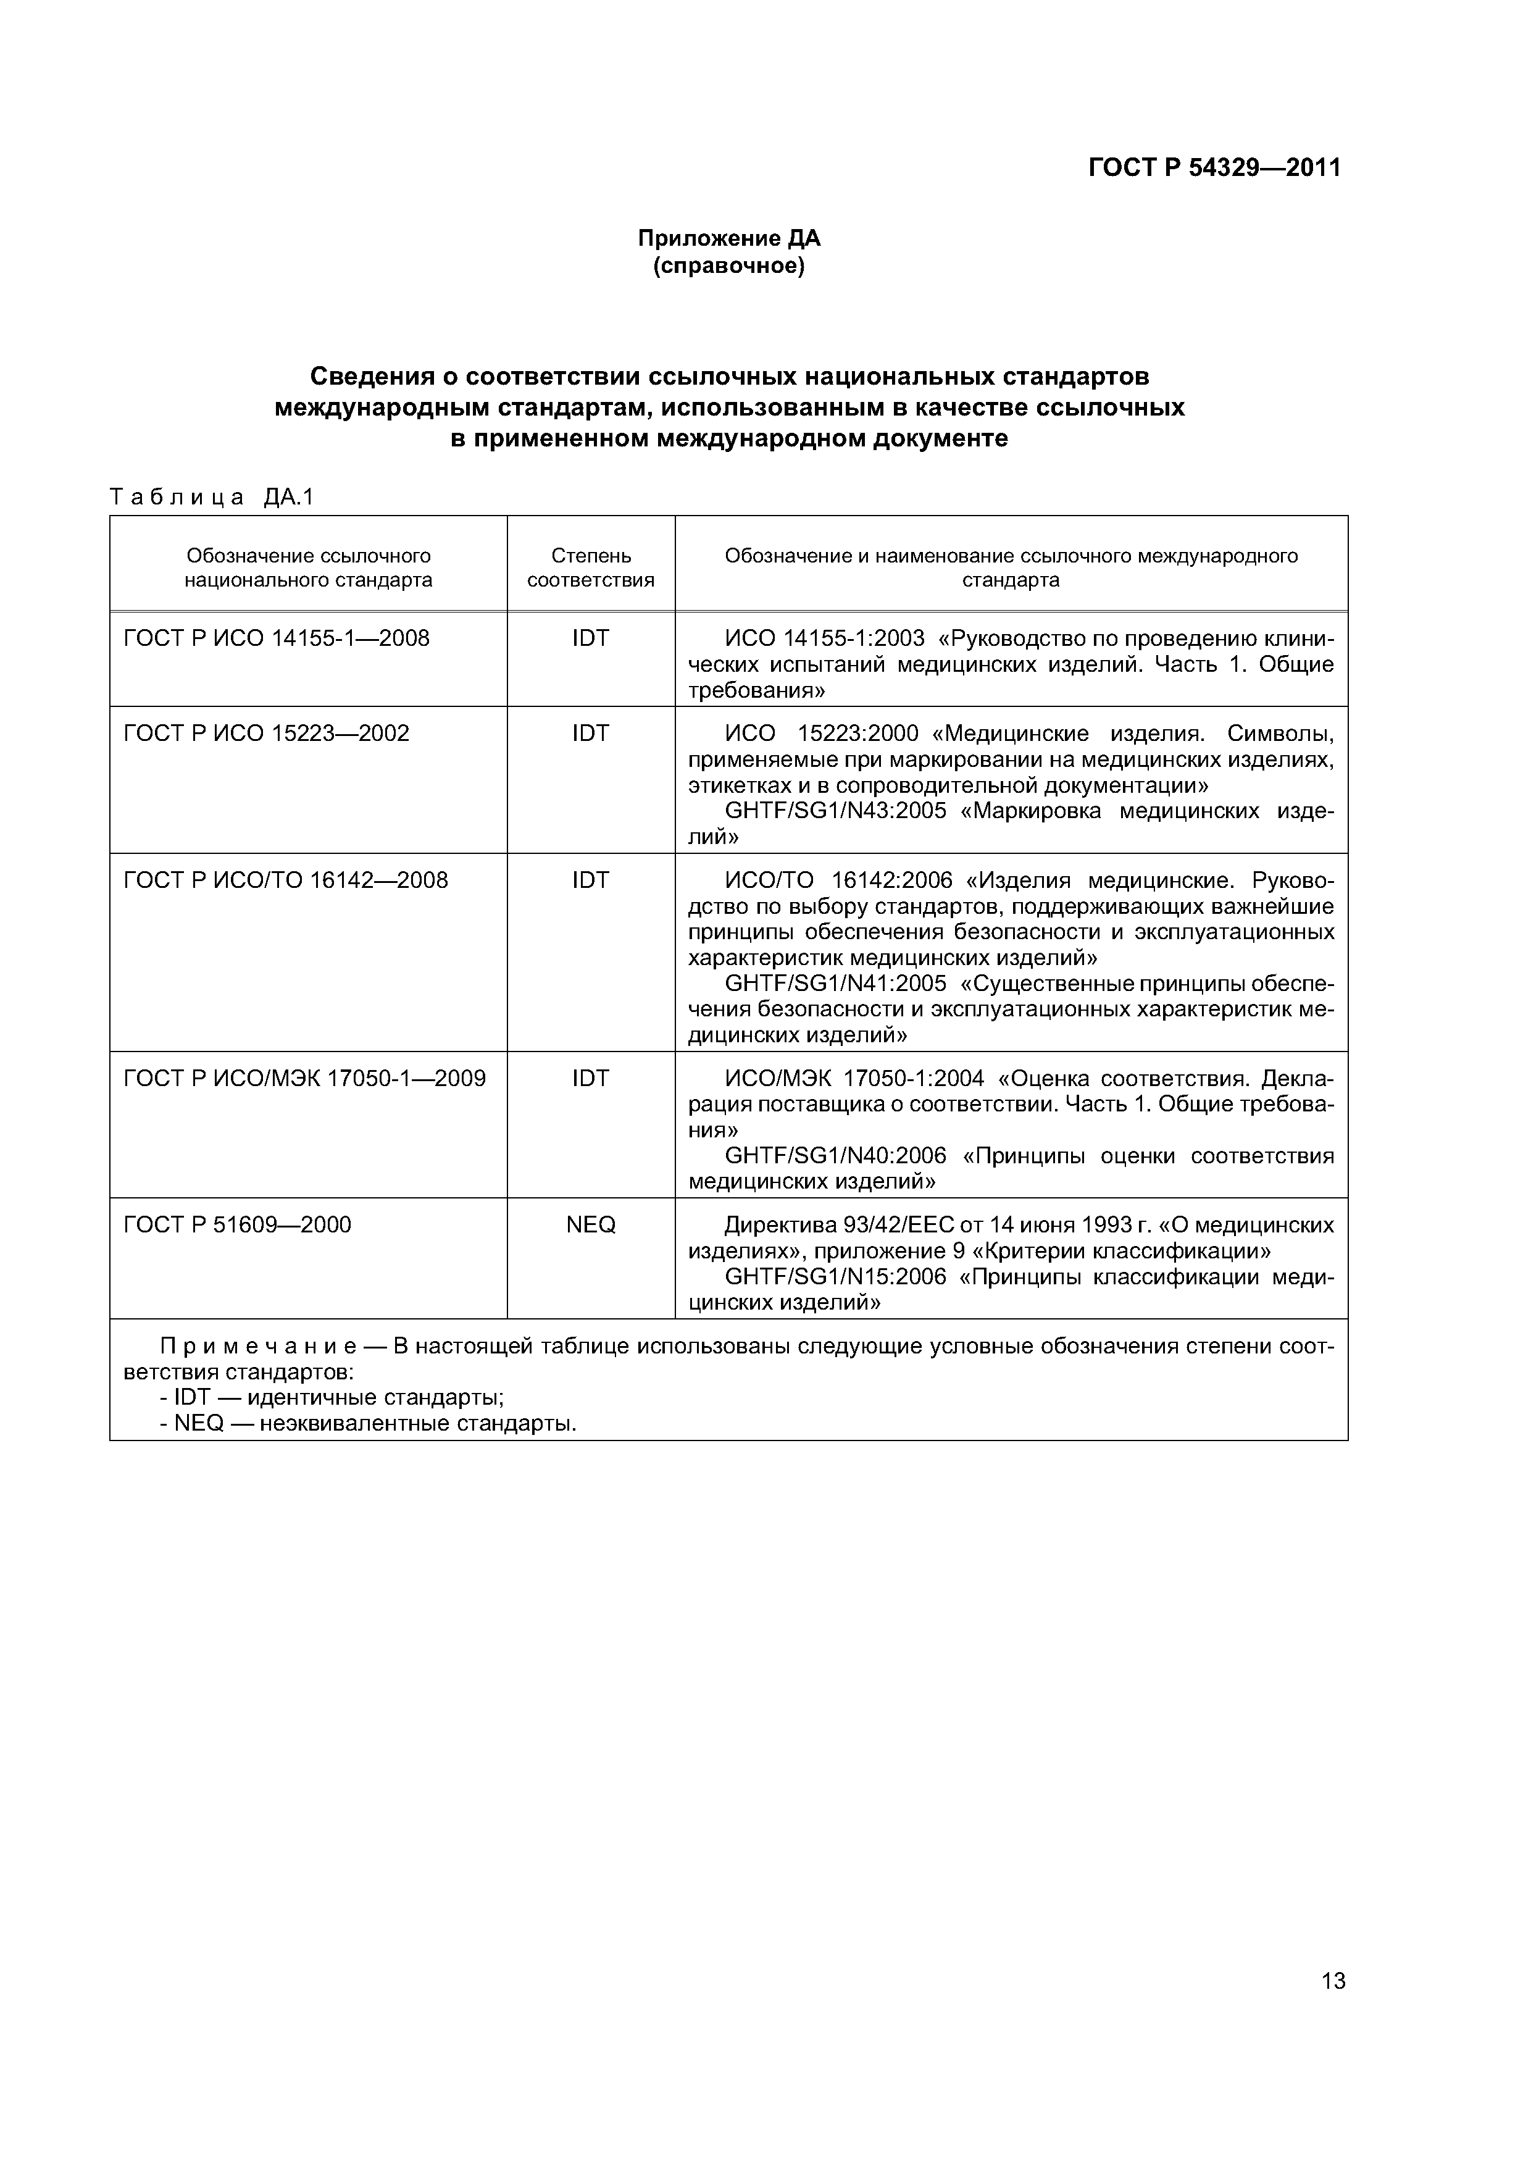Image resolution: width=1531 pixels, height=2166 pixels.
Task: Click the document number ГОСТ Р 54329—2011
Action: click(x=1214, y=168)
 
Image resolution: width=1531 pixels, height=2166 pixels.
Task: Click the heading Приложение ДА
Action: click(x=728, y=239)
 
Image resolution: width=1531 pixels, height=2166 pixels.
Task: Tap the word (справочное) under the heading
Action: click(x=728, y=267)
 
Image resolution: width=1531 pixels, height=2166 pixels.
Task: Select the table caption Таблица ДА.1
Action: click(x=211, y=497)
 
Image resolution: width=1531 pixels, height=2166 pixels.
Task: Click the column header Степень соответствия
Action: click(x=591, y=568)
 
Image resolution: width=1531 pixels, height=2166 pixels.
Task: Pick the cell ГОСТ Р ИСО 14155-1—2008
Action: click(x=277, y=638)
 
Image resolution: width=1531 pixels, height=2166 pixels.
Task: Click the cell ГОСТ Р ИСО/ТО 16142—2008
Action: click(x=286, y=880)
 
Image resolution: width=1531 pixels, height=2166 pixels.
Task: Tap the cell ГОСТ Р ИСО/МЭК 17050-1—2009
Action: click(x=305, y=1078)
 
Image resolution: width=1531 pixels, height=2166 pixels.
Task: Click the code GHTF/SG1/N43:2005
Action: click(x=835, y=811)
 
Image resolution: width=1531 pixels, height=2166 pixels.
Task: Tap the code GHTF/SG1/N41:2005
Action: click(x=835, y=984)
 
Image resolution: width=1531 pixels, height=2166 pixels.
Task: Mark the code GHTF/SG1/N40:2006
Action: click(x=835, y=1156)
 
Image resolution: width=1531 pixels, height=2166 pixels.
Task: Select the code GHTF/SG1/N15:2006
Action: click(x=835, y=1277)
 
